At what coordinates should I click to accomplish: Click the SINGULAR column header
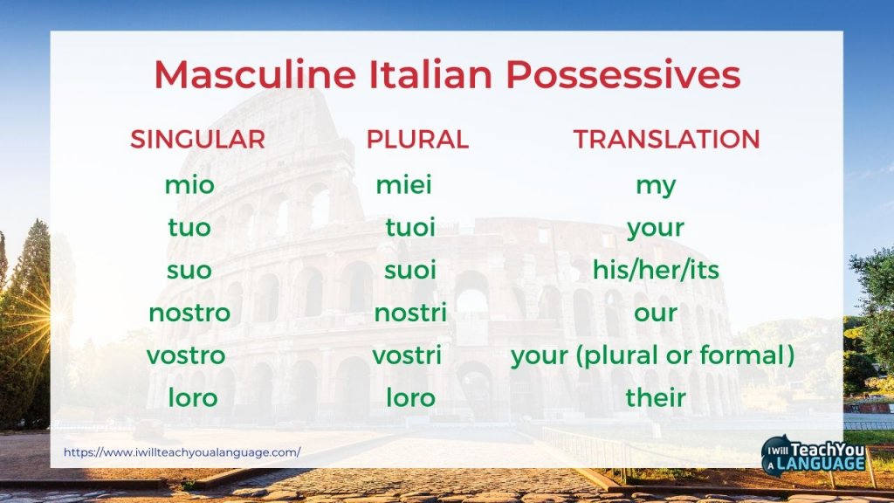tap(197, 140)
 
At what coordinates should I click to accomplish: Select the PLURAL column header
tap(417, 140)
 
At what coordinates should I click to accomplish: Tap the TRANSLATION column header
tap(666, 140)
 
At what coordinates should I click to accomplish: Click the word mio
tap(189, 185)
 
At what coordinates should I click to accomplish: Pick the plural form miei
tap(403, 185)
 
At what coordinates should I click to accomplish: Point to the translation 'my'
tap(656, 186)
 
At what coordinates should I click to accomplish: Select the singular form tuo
tap(189, 228)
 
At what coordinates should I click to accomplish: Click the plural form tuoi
tap(410, 228)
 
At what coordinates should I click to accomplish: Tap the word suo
tap(189, 270)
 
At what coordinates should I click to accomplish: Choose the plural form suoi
tap(410, 270)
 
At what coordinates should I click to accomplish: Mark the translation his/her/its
tap(656, 270)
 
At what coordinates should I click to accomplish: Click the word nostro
tap(189, 313)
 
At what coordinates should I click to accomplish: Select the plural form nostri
tap(410, 313)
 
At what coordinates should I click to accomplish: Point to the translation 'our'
tap(656, 313)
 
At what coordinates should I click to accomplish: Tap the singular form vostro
tap(186, 355)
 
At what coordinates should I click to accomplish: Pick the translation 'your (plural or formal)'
tap(652, 356)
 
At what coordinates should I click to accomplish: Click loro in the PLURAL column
tap(410, 398)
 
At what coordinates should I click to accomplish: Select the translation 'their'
tap(656, 398)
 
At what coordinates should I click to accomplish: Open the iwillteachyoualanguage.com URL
tap(182, 452)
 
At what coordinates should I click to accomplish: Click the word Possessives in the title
tap(623, 76)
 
